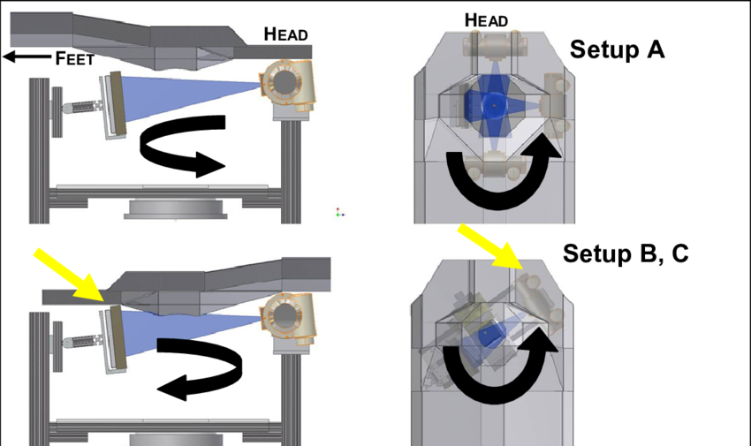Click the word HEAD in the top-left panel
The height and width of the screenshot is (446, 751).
285,34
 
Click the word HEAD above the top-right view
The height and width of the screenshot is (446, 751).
487,19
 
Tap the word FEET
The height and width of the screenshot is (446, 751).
73,59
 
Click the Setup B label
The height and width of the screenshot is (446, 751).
604,253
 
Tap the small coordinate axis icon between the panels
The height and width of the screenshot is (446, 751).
338,212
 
